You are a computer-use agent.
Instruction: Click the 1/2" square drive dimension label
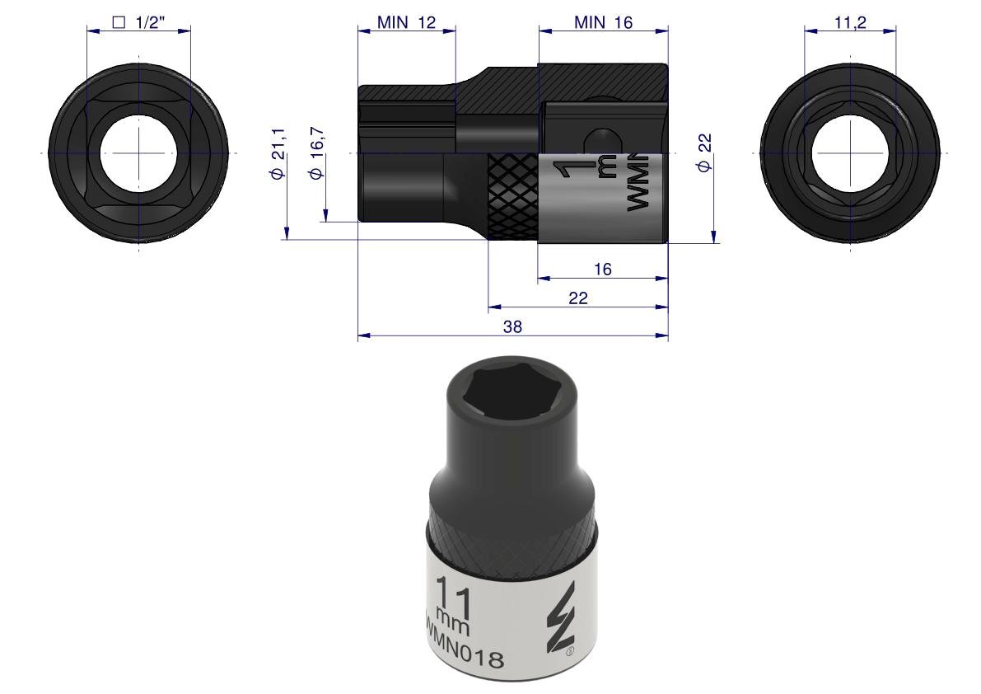(x=138, y=22)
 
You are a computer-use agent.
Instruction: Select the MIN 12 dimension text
(x=406, y=22)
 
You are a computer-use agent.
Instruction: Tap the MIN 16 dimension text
(x=603, y=22)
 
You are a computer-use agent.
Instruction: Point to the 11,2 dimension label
(x=850, y=22)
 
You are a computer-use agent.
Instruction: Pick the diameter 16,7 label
(x=316, y=153)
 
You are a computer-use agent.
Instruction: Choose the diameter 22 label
(x=704, y=152)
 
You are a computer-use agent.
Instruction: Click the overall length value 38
(x=512, y=326)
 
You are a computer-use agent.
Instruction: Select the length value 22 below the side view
(x=578, y=298)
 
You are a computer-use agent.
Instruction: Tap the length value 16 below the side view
(x=602, y=269)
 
